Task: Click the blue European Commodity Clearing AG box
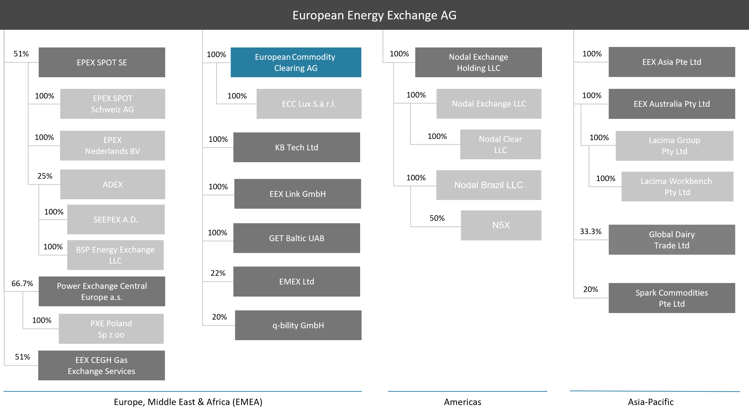pyautogui.click(x=296, y=62)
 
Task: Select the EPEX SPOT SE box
pyautogui.click(x=102, y=62)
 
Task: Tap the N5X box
pyautogui.click(x=501, y=225)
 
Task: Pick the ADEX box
pyautogui.click(x=112, y=184)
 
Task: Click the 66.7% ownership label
pyautogui.click(x=22, y=284)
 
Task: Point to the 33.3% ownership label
pyautogui.click(x=591, y=231)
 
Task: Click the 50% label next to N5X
pyautogui.click(x=437, y=218)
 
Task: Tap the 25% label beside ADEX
pyautogui.click(x=45, y=176)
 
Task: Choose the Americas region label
pyautogui.click(x=462, y=402)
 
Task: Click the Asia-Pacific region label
pyautogui.click(x=651, y=402)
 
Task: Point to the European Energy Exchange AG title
pyautogui.click(x=374, y=15)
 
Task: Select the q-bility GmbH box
pyautogui.click(x=298, y=325)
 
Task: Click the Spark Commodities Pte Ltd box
pyautogui.click(x=672, y=298)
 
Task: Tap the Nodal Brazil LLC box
pyautogui.click(x=489, y=185)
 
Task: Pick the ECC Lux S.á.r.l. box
pyautogui.click(x=309, y=104)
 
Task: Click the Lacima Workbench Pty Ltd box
pyautogui.click(x=677, y=186)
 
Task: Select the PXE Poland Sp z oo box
pyautogui.click(x=111, y=329)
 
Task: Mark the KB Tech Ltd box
pyautogui.click(x=297, y=147)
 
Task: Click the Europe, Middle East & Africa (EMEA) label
pyautogui.click(x=188, y=402)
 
